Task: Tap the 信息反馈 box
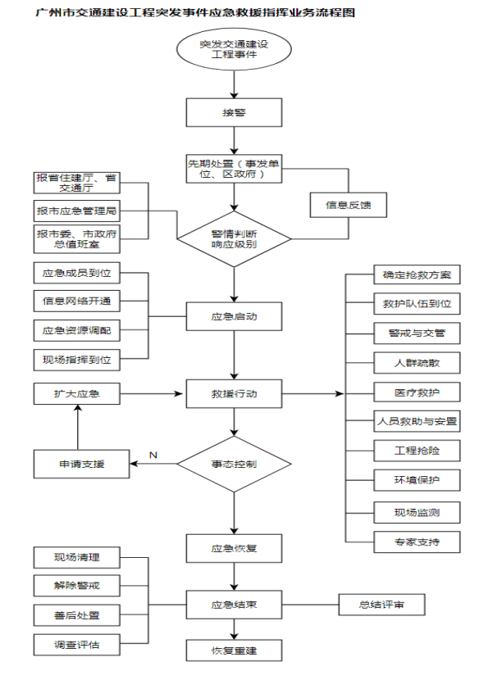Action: click(x=348, y=205)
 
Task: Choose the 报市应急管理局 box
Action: click(x=76, y=210)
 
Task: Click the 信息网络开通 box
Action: click(x=76, y=301)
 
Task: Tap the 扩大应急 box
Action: click(x=76, y=394)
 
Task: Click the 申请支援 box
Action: click(x=81, y=465)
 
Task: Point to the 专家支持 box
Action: click(x=417, y=542)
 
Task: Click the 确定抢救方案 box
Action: click(x=417, y=274)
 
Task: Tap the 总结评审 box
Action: click(x=381, y=605)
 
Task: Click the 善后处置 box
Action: click(x=76, y=614)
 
